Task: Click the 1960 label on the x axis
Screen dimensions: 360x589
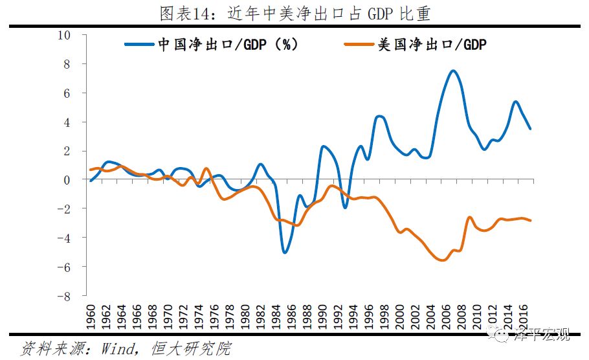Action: pyautogui.click(x=91, y=316)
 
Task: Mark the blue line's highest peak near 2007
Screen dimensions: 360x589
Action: pyautogui.click(x=453, y=71)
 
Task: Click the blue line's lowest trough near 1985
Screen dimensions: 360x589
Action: pyautogui.click(x=285, y=253)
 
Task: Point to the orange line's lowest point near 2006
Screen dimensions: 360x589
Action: pyautogui.click(x=443, y=260)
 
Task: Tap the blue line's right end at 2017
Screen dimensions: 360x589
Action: pyautogui.click(x=531, y=128)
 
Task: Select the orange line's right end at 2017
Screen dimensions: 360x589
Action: pyautogui.click(x=531, y=221)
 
